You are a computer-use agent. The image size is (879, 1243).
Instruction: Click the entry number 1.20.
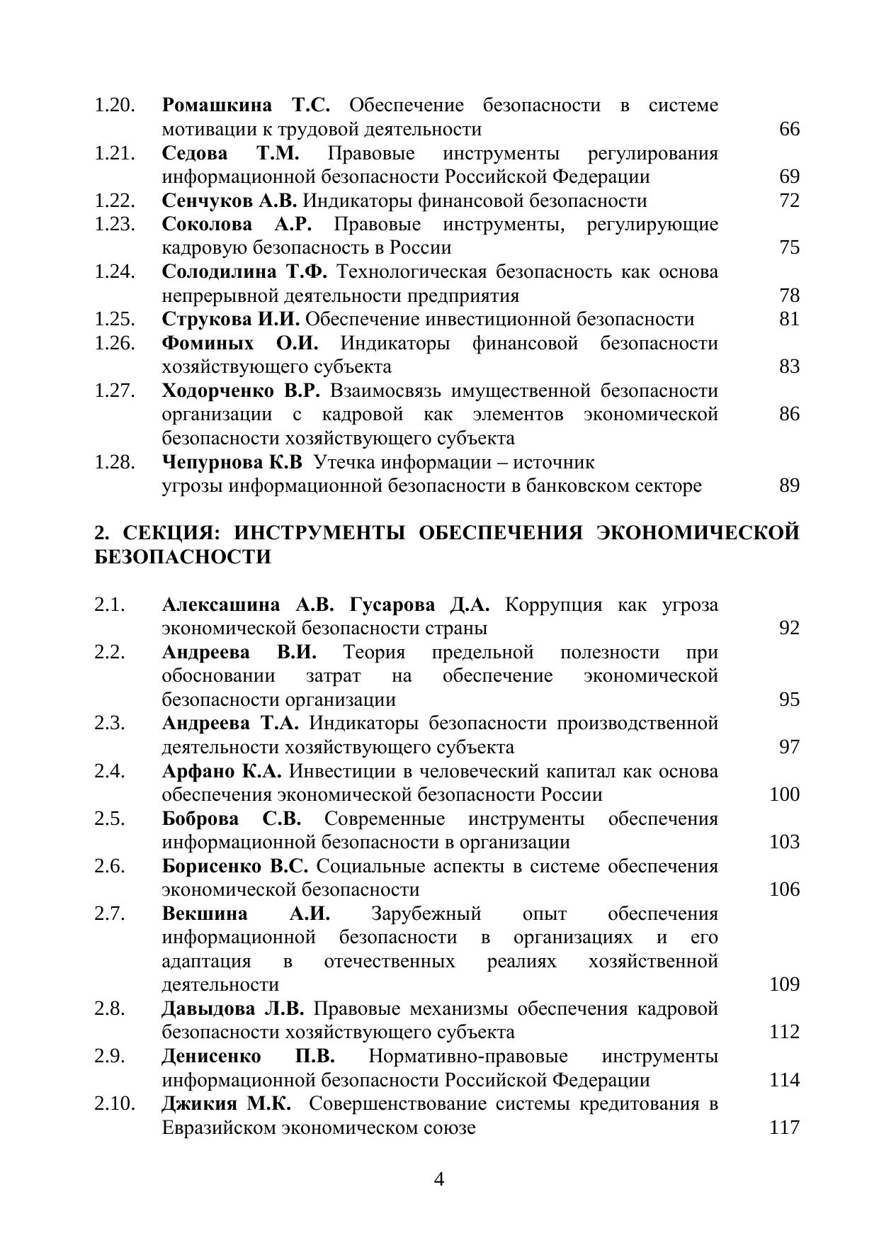tap(115, 106)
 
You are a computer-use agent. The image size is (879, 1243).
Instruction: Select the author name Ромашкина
tap(217, 106)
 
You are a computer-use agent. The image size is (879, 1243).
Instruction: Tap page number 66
tap(789, 129)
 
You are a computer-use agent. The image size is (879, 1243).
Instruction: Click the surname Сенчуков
tap(207, 201)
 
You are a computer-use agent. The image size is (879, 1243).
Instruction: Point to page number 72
tap(789, 201)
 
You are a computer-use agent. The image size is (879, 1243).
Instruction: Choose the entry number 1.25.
tap(115, 320)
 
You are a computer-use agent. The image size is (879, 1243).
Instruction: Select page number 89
tap(789, 485)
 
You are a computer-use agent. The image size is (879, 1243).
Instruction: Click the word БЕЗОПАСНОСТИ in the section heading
tap(183, 557)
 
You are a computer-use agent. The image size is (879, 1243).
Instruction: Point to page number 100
tap(784, 794)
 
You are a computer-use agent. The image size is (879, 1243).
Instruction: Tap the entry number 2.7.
tap(110, 913)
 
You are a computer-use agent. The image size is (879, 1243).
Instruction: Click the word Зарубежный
tap(426, 913)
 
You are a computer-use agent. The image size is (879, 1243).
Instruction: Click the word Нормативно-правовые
tap(468, 1057)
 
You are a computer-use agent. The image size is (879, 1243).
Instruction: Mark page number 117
tap(784, 1127)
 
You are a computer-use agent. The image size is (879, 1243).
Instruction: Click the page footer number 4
tap(439, 1179)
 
